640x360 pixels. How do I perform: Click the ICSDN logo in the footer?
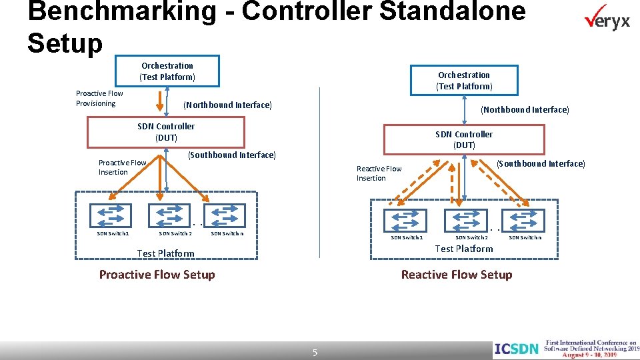[516, 348]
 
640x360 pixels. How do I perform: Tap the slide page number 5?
[315, 352]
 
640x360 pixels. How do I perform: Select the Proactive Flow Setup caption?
[157, 275]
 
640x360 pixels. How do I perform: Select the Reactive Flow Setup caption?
[456, 275]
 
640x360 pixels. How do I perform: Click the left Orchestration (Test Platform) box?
[167, 71]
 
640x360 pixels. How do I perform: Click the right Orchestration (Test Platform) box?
[464, 81]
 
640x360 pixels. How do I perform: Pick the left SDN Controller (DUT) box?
[167, 132]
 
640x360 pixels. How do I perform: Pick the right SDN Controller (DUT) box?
[464, 139]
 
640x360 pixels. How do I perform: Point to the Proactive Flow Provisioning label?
[99, 98]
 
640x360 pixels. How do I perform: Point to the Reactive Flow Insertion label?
[379, 173]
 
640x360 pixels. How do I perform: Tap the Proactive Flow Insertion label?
[122, 167]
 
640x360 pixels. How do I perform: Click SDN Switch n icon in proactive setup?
[227, 215]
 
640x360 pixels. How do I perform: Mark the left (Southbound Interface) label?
[231, 155]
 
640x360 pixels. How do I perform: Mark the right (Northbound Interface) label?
[525, 109]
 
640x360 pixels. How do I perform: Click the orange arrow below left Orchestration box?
[160, 101]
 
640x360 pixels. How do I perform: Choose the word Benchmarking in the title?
[123, 11]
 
